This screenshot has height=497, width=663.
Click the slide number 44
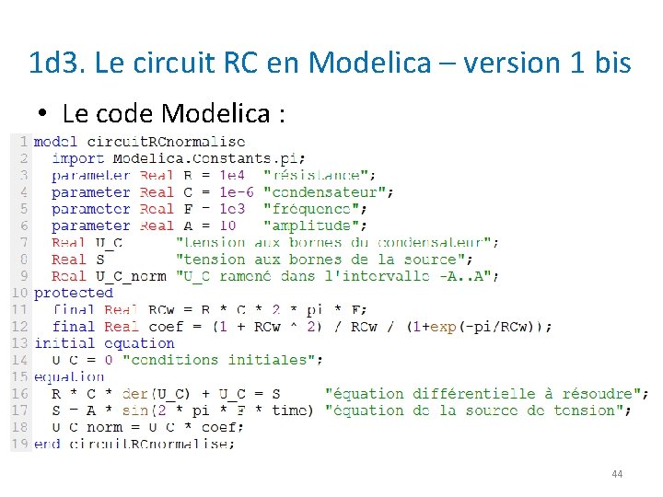coord(617,474)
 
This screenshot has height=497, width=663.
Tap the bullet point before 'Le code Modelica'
coord(43,114)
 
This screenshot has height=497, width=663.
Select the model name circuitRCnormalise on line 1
coord(166,142)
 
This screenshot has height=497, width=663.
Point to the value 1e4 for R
coord(232,175)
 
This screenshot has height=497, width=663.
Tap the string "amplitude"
coord(314,225)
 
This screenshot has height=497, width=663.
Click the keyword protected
coord(73,293)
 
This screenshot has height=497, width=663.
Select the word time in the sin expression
coord(291,410)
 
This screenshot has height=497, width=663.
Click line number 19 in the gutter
coord(18,444)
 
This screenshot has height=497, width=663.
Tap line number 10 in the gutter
coord(18,293)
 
